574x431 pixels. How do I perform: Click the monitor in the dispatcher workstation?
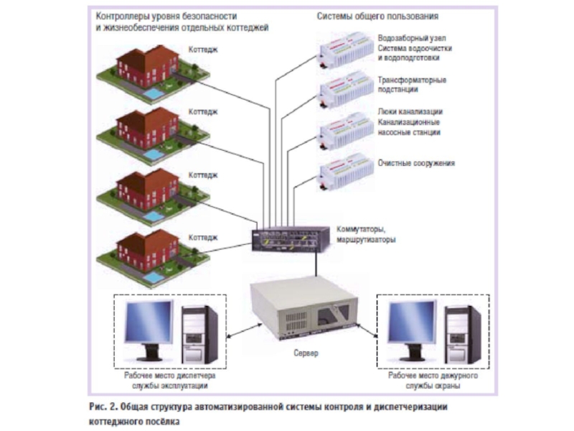point(149,327)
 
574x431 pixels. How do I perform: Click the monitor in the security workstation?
point(410,327)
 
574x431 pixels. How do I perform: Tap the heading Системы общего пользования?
point(377,15)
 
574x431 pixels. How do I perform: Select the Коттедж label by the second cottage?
point(204,112)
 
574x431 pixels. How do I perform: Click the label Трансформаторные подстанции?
point(412,85)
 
